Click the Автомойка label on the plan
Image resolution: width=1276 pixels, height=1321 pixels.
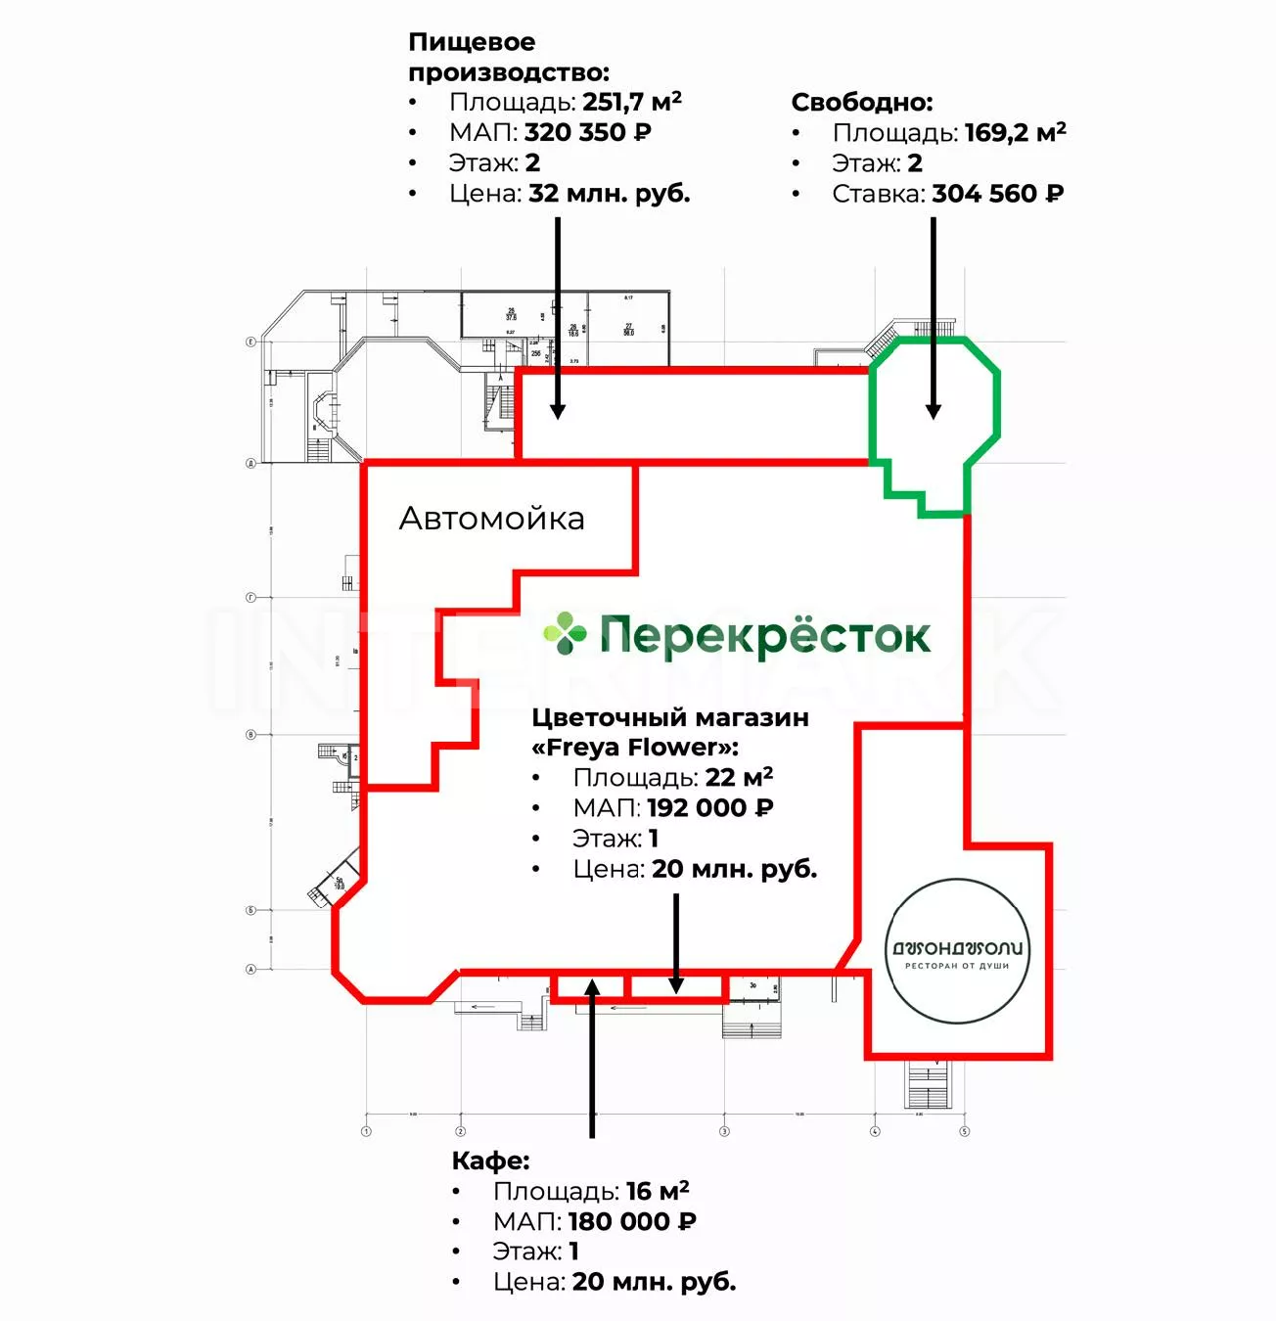click(491, 519)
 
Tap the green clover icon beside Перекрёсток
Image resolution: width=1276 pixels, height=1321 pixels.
click(565, 633)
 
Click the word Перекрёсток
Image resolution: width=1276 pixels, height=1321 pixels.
click(764, 636)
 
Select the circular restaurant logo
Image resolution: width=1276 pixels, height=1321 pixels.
click(958, 951)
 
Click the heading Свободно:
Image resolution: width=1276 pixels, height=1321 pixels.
click(861, 103)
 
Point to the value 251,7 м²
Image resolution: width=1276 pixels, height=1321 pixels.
click(631, 102)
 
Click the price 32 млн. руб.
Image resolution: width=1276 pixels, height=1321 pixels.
click(609, 194)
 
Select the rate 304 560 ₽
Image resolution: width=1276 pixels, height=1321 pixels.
click(997, 194)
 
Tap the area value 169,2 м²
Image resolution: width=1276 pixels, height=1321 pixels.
click(1015, 133)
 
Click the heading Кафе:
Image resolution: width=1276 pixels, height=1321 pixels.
click(490, 1161)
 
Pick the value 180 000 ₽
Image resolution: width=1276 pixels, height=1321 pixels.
click(632, 1221)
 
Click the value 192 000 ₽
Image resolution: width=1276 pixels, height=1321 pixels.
click(709, 808)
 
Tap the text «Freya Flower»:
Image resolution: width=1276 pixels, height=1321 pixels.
click(635, 748)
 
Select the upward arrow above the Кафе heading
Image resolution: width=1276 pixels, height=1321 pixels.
click(592, 1057)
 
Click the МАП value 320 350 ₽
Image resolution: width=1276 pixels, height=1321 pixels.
click(587, 132)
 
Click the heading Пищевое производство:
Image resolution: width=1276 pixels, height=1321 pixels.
click(508, 57)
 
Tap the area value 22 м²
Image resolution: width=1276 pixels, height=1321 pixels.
click(739, 778)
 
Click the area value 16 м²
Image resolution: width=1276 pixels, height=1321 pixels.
click(658, 1191)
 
